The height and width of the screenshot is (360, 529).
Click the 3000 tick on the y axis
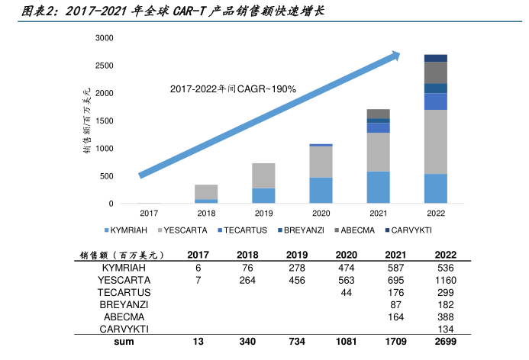point(105,38)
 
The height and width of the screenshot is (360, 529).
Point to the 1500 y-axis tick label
point(105,121)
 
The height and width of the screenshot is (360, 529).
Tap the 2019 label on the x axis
point(263,213)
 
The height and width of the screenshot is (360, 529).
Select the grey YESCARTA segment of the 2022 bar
point(436,142)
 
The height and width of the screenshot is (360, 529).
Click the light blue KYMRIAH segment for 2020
point(321,191)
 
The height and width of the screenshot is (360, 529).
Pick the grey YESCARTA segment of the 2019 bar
point(263,175)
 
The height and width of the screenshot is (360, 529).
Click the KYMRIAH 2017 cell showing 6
point(198,268)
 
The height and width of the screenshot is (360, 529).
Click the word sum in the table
point(124,342)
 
